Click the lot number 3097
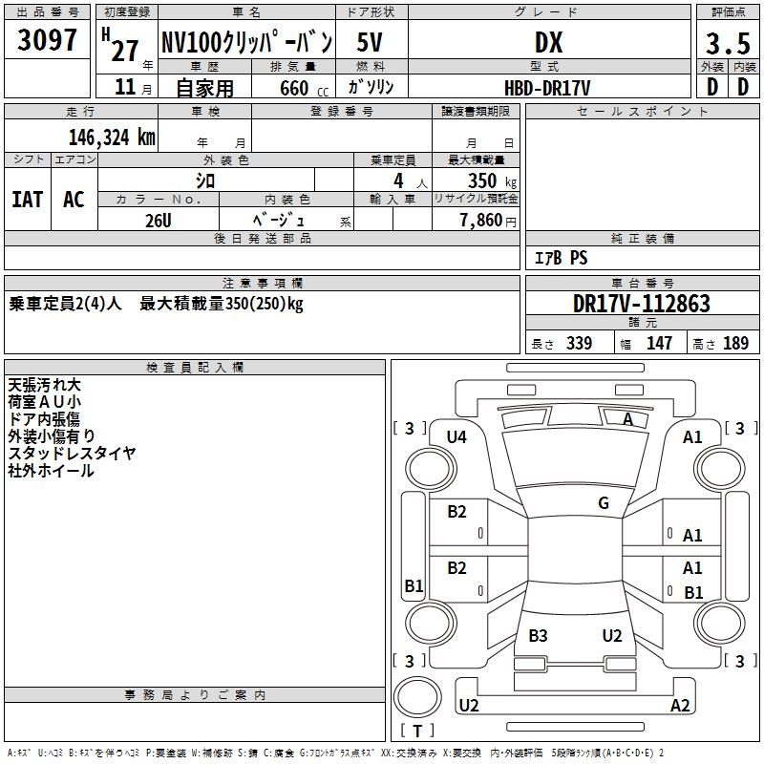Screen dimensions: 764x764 (x=47, y=40)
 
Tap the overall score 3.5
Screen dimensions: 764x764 (x=728, y=43)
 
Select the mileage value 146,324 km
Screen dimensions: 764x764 (x=112, y=138)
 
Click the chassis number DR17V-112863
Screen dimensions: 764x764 (x=642, y=304)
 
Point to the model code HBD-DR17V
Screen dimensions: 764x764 (x=547, y=88)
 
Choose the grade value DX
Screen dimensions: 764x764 (x=548, y=43)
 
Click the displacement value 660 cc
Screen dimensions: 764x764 (x=304, y=89)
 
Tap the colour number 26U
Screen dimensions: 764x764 (x=159, y=221)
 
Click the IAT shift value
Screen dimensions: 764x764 (x=28, y=200)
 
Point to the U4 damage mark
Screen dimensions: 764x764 (x=456, y=437)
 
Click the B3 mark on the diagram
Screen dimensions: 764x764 (x=538, y=635)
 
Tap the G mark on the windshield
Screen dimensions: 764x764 (x=604, y=503)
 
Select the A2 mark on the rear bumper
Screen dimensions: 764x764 (x=680, y=705)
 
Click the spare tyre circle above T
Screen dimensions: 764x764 (x=417, y=697)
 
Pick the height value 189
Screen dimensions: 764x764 (x=735, y=343)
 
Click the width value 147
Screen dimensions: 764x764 (x=659, y=343)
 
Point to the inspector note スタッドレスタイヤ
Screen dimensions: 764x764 (x=73, y=453)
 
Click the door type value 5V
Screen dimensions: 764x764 (x=370, y=42)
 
